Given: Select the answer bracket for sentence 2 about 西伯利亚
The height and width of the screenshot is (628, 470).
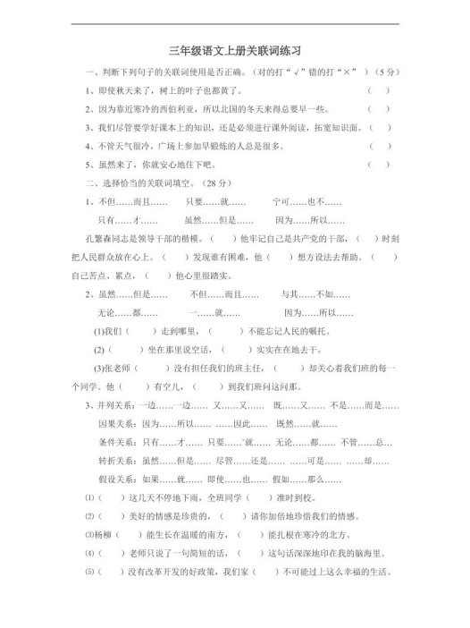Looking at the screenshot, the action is [x=379, y=109].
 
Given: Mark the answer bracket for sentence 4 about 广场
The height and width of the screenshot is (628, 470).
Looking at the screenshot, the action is [x=379, y=146].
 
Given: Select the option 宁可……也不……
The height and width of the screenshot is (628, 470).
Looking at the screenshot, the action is [x=301, y=201].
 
